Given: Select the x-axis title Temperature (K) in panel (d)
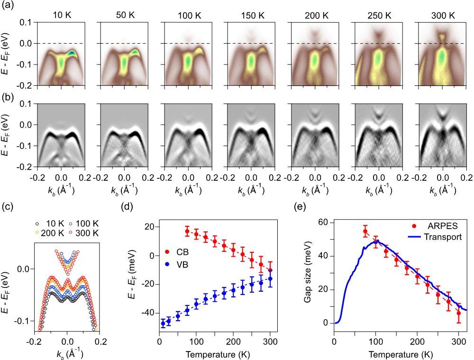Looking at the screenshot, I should [214, 353].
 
